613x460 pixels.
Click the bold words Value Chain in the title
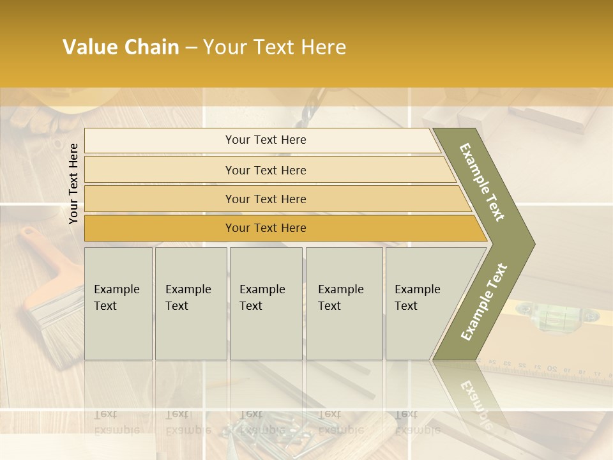pyautogui.click(x=121, y=47)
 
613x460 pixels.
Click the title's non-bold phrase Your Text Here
pyautogui.click(x=275, y=47)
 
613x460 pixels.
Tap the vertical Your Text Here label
pyautogui.click(x=73, y=183)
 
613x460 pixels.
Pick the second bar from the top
pyautogui.click(x=265, y=170)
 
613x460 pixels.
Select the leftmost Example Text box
pyautogui.click(x=118, y=303)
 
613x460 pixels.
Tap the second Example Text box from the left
pyautogui.click(x=190, y=303)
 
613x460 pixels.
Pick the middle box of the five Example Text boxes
pyautogui.click(x=266, y=303)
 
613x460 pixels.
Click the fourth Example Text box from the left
pyautogui.click(x=344, y=303)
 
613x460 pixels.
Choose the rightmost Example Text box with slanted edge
pyautogui.click(x=421, y=303)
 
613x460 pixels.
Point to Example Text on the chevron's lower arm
pyautogui.click(x=484, y=302)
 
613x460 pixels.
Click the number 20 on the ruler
pyautogui.click(x=552, y=369)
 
